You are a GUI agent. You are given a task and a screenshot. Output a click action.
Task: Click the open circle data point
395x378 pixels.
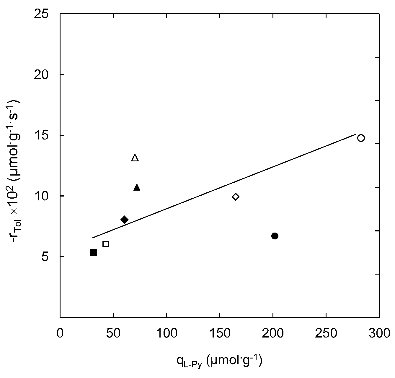361,138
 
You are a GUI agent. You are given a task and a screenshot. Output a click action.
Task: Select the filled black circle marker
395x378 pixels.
275,236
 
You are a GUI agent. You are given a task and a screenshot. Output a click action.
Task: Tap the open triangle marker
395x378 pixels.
135,158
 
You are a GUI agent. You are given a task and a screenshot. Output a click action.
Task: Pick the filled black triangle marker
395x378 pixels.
137,187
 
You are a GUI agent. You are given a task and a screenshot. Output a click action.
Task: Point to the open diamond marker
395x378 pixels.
236,197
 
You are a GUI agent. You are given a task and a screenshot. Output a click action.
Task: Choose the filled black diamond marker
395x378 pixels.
124,220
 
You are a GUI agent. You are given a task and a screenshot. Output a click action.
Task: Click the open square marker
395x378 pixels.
105,244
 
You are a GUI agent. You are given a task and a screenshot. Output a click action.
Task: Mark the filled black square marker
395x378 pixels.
93,252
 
